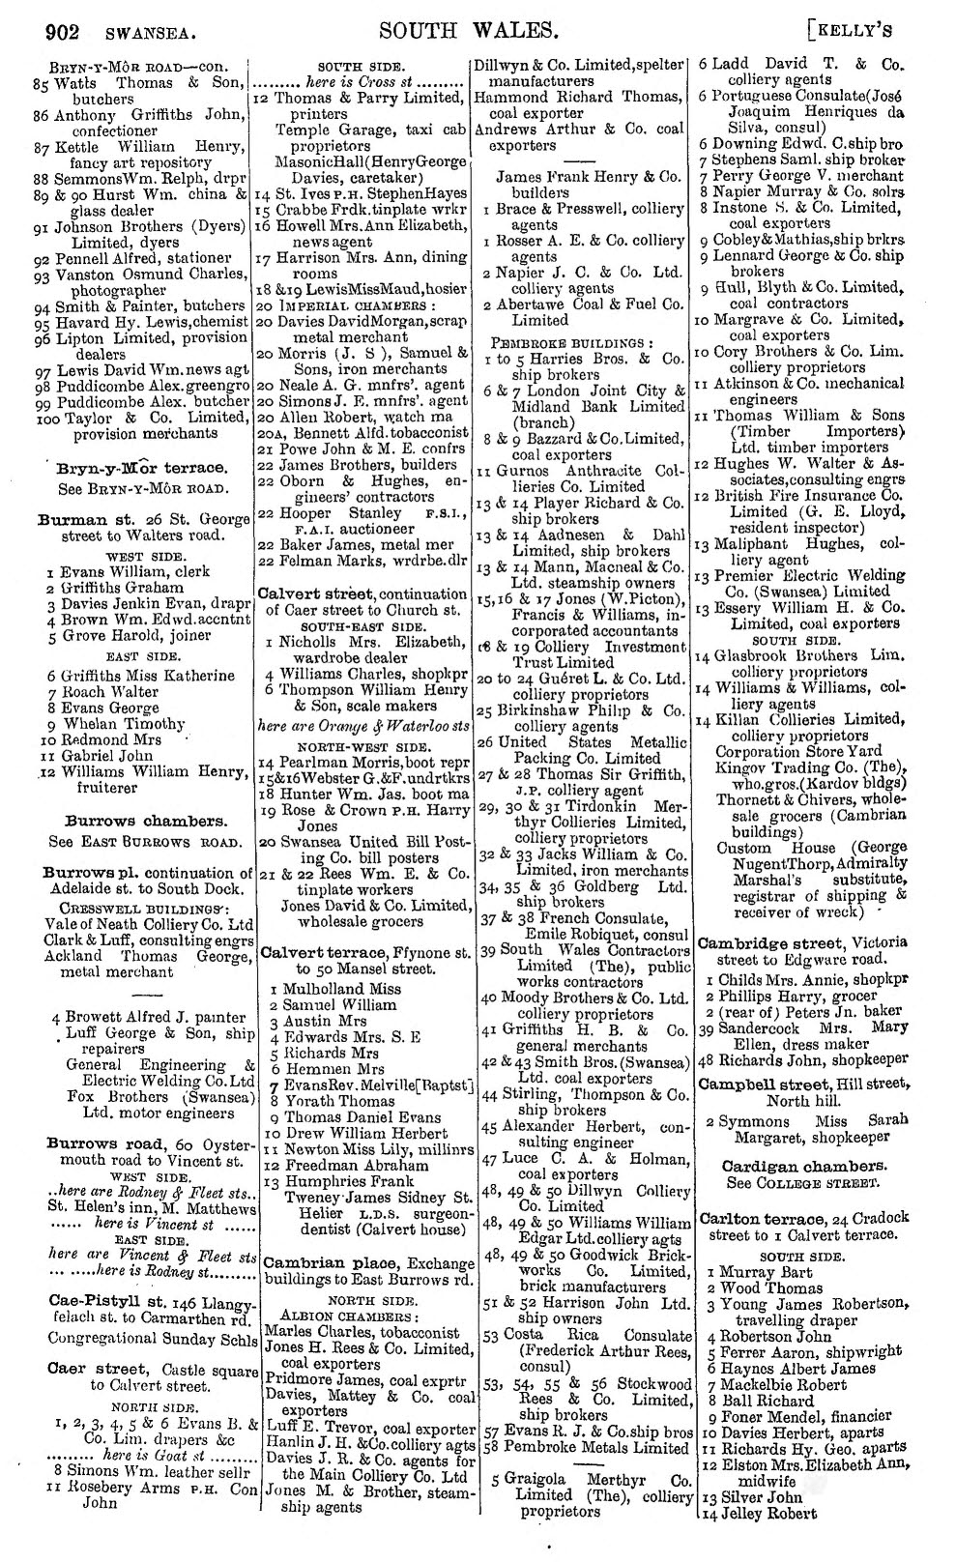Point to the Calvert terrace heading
[x=316, y=953]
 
